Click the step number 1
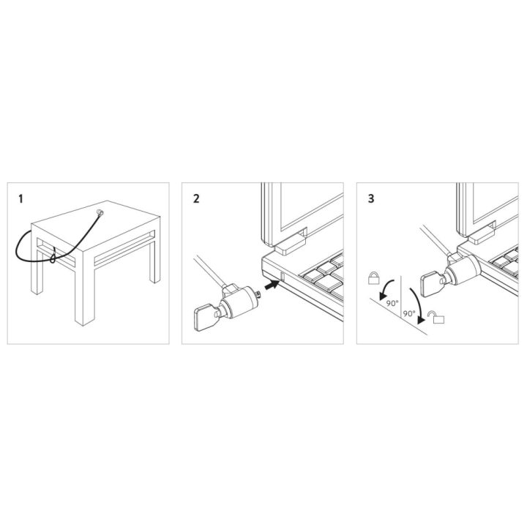point(20,199)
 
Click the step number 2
point(196,198)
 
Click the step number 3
point(371,198)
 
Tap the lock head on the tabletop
point(100,212)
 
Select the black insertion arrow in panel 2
point(272,285)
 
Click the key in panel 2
point(205,316)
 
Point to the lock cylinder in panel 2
point(239,302)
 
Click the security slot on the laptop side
point(283,276)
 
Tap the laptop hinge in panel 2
point(290,244)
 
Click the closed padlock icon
point(374,278)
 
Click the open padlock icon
point(436,317)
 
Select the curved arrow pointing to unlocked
point(417,304)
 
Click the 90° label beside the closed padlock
point(392,303)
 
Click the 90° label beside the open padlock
point(409,313)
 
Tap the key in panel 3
point(433,284)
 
